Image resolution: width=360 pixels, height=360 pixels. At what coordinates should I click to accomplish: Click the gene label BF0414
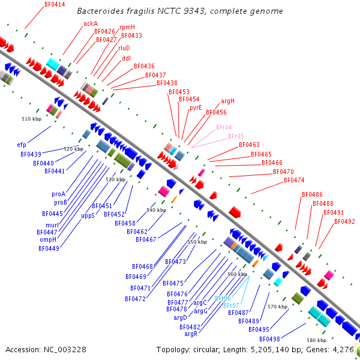click(x=55, y=4)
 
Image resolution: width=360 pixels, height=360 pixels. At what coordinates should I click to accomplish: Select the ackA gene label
click(x=91, y=24)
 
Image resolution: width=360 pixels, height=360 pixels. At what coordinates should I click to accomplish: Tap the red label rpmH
click(x=127, y=28)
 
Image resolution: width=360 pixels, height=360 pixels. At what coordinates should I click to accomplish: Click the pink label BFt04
click(x=224, y=127)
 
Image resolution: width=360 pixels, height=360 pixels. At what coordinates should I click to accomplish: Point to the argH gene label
click(x=227, y=101)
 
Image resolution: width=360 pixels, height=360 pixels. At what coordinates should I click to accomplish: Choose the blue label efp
click(x=22, y=145)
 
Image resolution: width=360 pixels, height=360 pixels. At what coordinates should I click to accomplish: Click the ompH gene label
click(x=48, y=239)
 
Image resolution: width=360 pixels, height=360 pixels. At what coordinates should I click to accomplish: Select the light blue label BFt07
click(x=231, y=305)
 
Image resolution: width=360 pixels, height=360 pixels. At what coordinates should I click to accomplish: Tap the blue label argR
click(x=191, y=334)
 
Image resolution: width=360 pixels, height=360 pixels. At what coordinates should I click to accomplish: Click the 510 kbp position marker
click(x=31, y=119)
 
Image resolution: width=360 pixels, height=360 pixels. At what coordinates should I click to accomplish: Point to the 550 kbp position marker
click(x=197, y=242)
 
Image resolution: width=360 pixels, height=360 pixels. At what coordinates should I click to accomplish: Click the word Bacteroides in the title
click(x=101, y=11)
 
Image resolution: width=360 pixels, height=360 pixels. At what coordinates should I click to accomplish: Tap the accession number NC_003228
click(x=64, y=349)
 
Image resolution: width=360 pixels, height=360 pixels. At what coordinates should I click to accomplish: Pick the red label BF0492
click(x=344, y=221)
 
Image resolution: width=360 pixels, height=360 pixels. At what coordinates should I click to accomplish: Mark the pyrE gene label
click(x=196, y=108)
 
